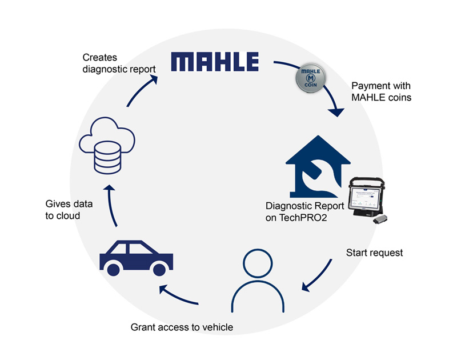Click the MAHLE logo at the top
click(215, 62)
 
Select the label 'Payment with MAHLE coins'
click(381, 91)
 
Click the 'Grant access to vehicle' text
click(183, 327)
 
